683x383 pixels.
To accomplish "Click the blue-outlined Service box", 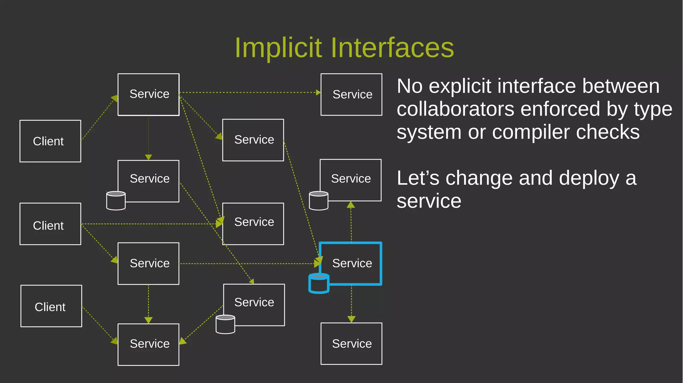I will (x=351, y=263).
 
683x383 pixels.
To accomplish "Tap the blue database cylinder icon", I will (x=319, y=283).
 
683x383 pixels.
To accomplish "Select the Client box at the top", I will (x=50, y=141).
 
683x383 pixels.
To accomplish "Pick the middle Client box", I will (x=50, y=224).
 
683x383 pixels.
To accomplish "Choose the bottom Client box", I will (x=51, y=306).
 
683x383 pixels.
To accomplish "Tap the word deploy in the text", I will (x=589, y=178).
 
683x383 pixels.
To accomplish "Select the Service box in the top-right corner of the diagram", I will (x=351, y=95).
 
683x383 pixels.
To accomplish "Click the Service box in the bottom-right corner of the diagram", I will (x=351, y=343).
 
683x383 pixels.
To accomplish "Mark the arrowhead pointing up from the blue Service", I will (x=351, y=204).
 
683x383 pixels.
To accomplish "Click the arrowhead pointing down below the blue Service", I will (x=351, y=319).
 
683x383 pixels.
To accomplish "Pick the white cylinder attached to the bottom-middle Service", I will (x=225, y=324).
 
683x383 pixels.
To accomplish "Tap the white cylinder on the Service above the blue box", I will (x=318, y=200).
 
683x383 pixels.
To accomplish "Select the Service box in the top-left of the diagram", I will (x=148, y=95).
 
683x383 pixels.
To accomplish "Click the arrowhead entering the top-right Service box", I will (x=318, y=93).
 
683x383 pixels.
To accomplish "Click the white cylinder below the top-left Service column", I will (x=116, y=200).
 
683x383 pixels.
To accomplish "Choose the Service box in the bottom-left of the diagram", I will (x=148, y=344).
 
